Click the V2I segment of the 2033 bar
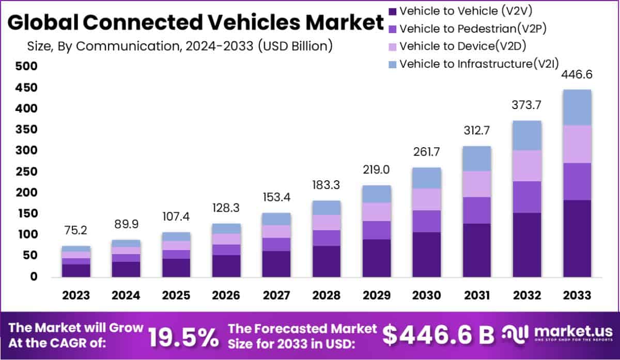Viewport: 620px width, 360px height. coord(577,107)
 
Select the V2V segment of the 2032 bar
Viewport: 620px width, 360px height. coord(527,245)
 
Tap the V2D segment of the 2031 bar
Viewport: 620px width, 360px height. coord(476,184)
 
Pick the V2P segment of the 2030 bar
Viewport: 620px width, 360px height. coord(426,221)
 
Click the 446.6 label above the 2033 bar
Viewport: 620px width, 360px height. coord(577,75)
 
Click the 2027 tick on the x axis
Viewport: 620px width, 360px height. coord(276,295)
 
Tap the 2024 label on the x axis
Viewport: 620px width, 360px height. coord(126,295)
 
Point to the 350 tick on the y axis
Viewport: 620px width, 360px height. coord(26,129)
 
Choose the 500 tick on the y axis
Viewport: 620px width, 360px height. coord(26,66)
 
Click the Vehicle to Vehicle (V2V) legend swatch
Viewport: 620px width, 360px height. coord(392,10)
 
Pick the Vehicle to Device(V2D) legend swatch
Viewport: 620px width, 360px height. coord(392,46)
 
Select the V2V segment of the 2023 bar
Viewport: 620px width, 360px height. coord(76,271)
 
